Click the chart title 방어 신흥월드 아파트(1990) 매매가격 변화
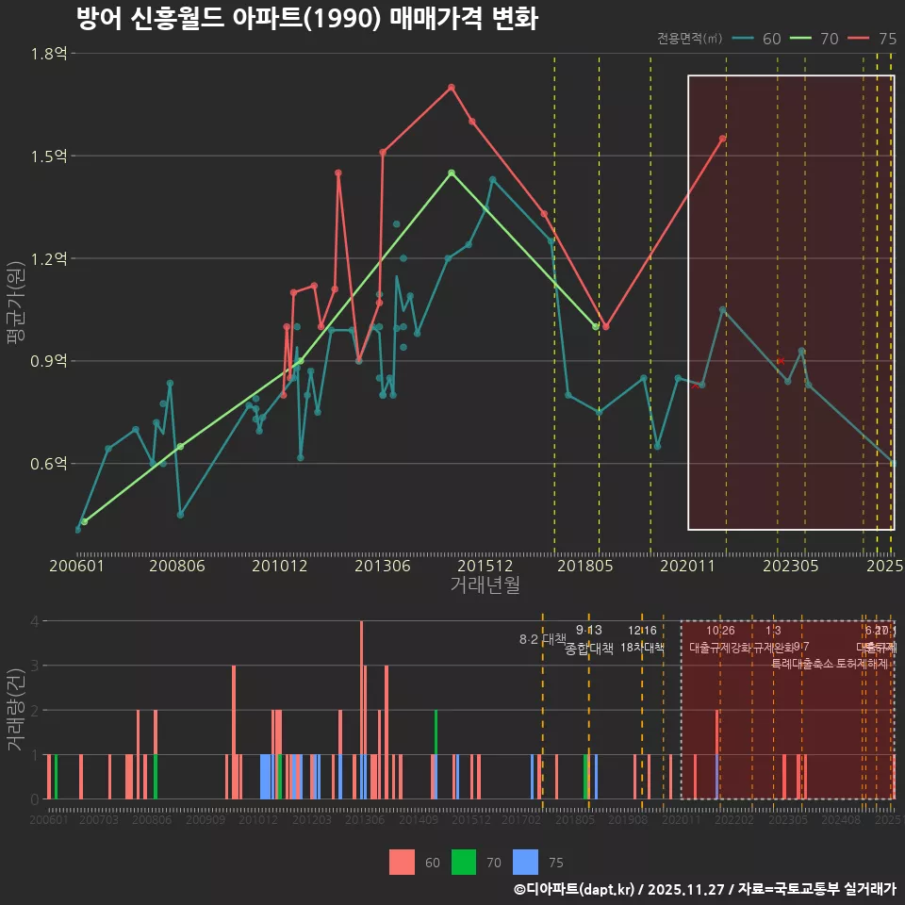pos(306,19)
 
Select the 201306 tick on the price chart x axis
pos(382,566)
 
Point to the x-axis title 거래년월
pos(485,584)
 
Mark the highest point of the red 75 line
pos(452,87)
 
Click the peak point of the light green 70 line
pos(452,173)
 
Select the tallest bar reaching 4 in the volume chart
pos(361,710)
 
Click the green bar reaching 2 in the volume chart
pos(436,732)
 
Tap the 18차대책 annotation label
pos(642,648)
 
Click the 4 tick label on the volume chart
pos(34,621)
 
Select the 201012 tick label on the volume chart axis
pos(258,821)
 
